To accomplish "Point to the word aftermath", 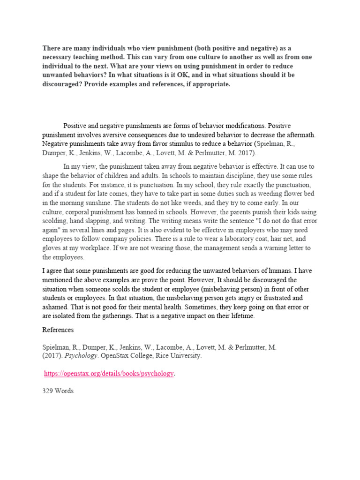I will point(300,135).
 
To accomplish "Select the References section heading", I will point(58,330).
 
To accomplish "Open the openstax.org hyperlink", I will point(109,374).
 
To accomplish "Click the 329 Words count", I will point(58,391).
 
